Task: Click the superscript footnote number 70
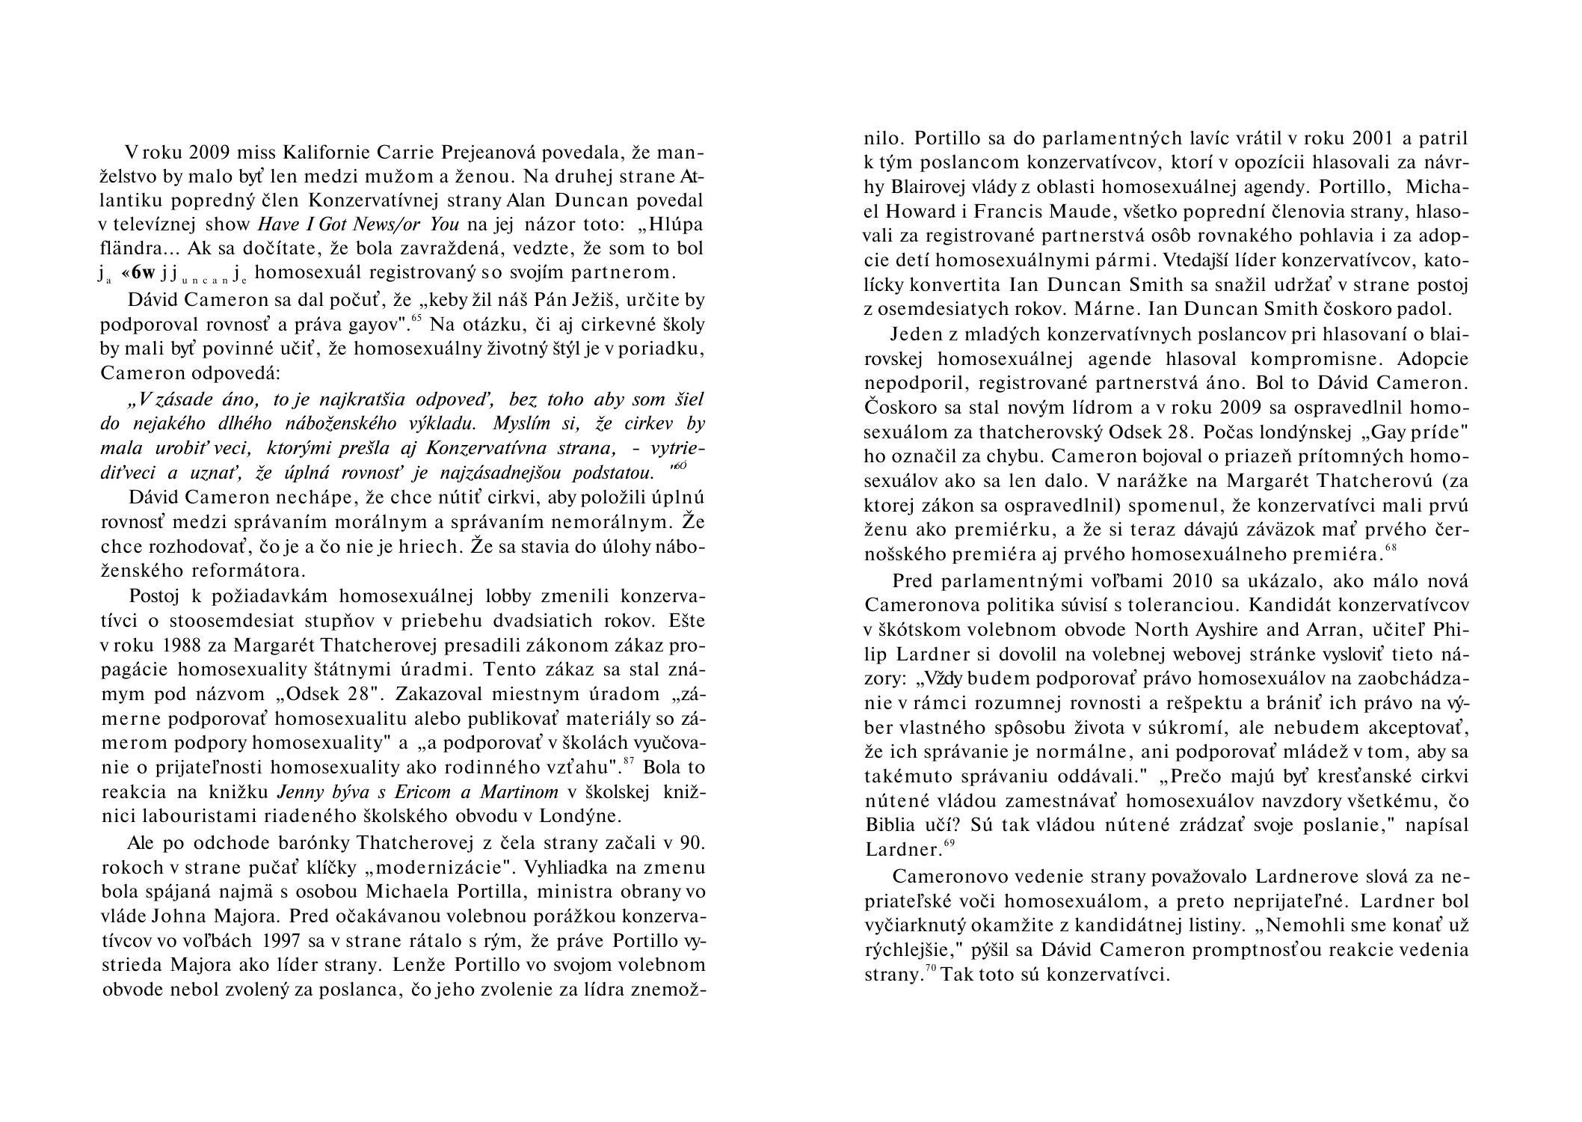tap(931, 969)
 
